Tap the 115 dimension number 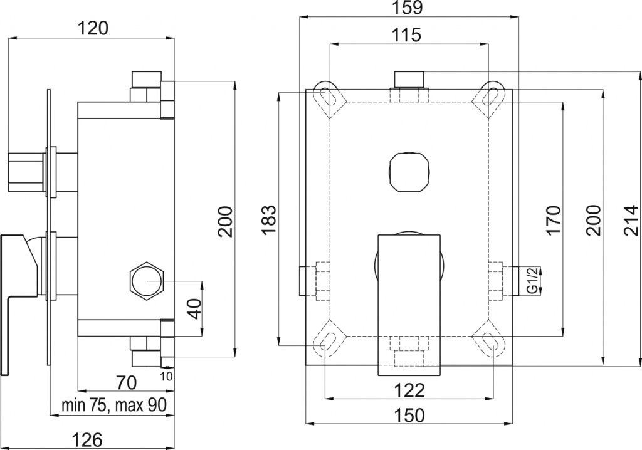[x=408, y=35]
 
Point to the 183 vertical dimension [x=269, y=219]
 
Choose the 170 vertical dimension [x=553, y=220]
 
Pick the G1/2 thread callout [x=531, y=280]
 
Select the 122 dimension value [x=411, y=390]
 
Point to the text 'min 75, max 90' [x=113, y=405]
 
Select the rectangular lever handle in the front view [x=409, y=304]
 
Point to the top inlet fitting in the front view [x=409, y=80]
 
